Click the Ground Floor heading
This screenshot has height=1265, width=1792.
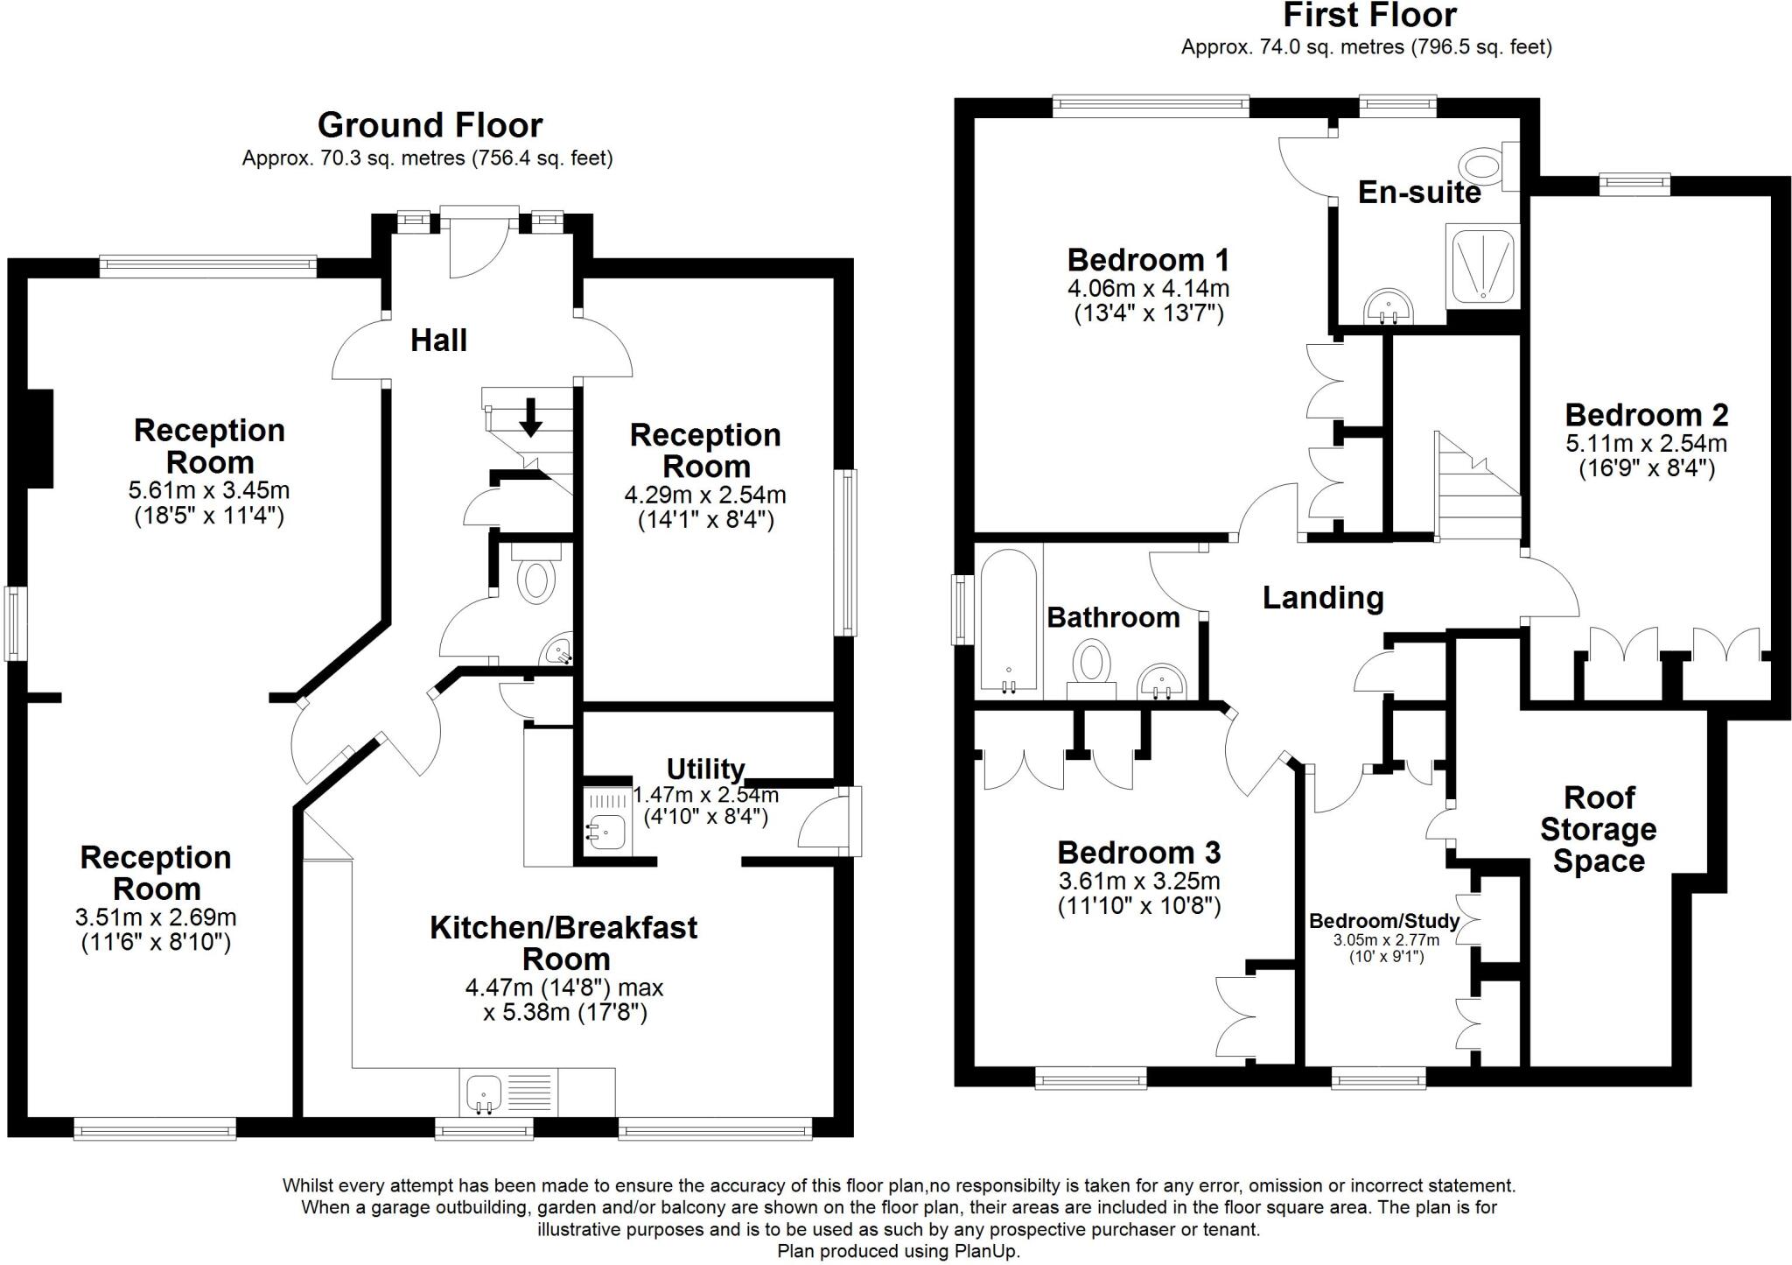pos(430,125)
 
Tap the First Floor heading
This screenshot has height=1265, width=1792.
pos(1370,15)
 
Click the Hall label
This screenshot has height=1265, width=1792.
pos(438,340)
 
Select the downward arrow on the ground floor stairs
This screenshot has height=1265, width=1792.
pos(530,418)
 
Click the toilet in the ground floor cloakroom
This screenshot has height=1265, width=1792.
pos(535,580)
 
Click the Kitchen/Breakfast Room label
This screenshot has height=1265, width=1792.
pos(563,943)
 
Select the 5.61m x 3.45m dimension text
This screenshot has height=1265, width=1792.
pos(209,490)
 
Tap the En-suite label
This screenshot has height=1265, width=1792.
pos(1419,193)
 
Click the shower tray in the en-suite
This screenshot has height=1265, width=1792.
pos(1482,264)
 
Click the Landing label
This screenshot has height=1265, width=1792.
pos(1323,598)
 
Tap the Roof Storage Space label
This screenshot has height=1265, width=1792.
pos(1599,829)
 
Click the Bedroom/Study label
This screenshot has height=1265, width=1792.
pos(1384,921)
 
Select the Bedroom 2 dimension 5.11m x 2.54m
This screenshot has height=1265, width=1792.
pos(1646,443)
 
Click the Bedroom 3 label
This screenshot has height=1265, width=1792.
pos(1138,853)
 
